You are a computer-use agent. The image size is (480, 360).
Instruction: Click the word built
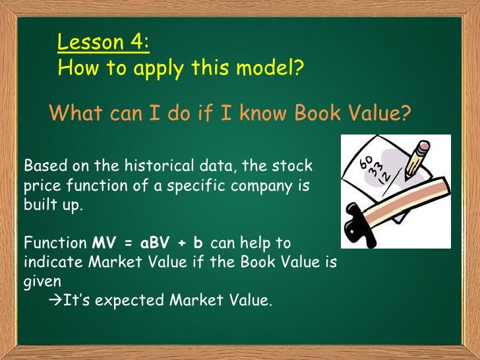click(x=37, y=204)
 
